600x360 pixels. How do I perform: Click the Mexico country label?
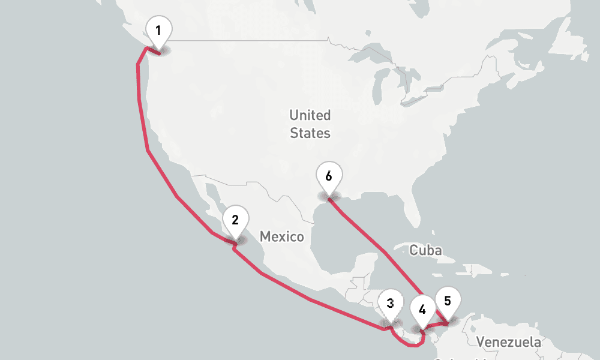(x=281, y=237)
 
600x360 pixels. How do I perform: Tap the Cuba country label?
(x=425, y=250)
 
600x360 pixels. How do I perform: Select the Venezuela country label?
(x=508, y=343)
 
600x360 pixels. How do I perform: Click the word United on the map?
(x=310, y=115)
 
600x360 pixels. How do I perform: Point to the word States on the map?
(x=310, y=133)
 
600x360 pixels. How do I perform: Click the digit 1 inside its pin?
(x=158, y=29)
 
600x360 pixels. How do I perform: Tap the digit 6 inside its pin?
(x=328, y=176)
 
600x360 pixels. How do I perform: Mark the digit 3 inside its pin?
(x=390, y=303)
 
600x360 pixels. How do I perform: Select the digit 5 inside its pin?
(x=448, y=301)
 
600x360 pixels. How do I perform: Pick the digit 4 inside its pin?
(x=422, y=310)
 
